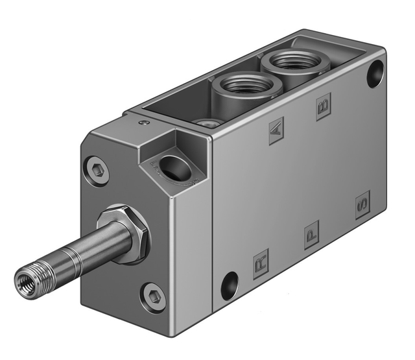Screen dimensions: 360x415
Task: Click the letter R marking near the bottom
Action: tap(261, 264)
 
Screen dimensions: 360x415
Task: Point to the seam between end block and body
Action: tap(212, 214)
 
